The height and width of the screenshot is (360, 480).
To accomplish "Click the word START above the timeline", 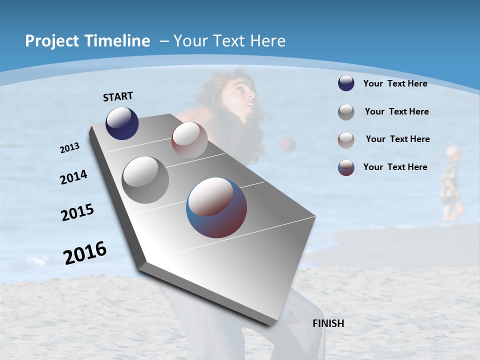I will pos(118,96).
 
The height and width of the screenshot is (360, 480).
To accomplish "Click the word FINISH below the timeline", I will pos(328,323).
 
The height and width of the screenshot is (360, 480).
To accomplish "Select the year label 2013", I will pos(69,147).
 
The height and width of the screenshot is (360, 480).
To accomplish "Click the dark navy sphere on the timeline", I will pos(122,123).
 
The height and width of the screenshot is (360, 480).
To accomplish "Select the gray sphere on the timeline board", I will pos(145,179).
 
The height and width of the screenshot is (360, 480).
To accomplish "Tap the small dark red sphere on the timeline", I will pos(189,139).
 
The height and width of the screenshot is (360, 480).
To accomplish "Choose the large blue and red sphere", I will pos(216,207).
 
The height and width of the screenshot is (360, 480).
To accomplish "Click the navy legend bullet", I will pos(346,83).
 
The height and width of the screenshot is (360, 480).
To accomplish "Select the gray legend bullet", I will pos(346,111).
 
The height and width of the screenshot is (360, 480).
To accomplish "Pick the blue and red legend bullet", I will pos(346,167).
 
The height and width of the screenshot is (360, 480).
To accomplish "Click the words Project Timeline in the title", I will pos(87,41).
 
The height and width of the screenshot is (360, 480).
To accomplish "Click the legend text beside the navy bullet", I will pos(395,83).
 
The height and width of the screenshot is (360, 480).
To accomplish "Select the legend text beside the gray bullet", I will pos(396,111).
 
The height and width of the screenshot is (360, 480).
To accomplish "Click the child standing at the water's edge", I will pos(450,182).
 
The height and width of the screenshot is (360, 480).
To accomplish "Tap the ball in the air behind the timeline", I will pos(288,144).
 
